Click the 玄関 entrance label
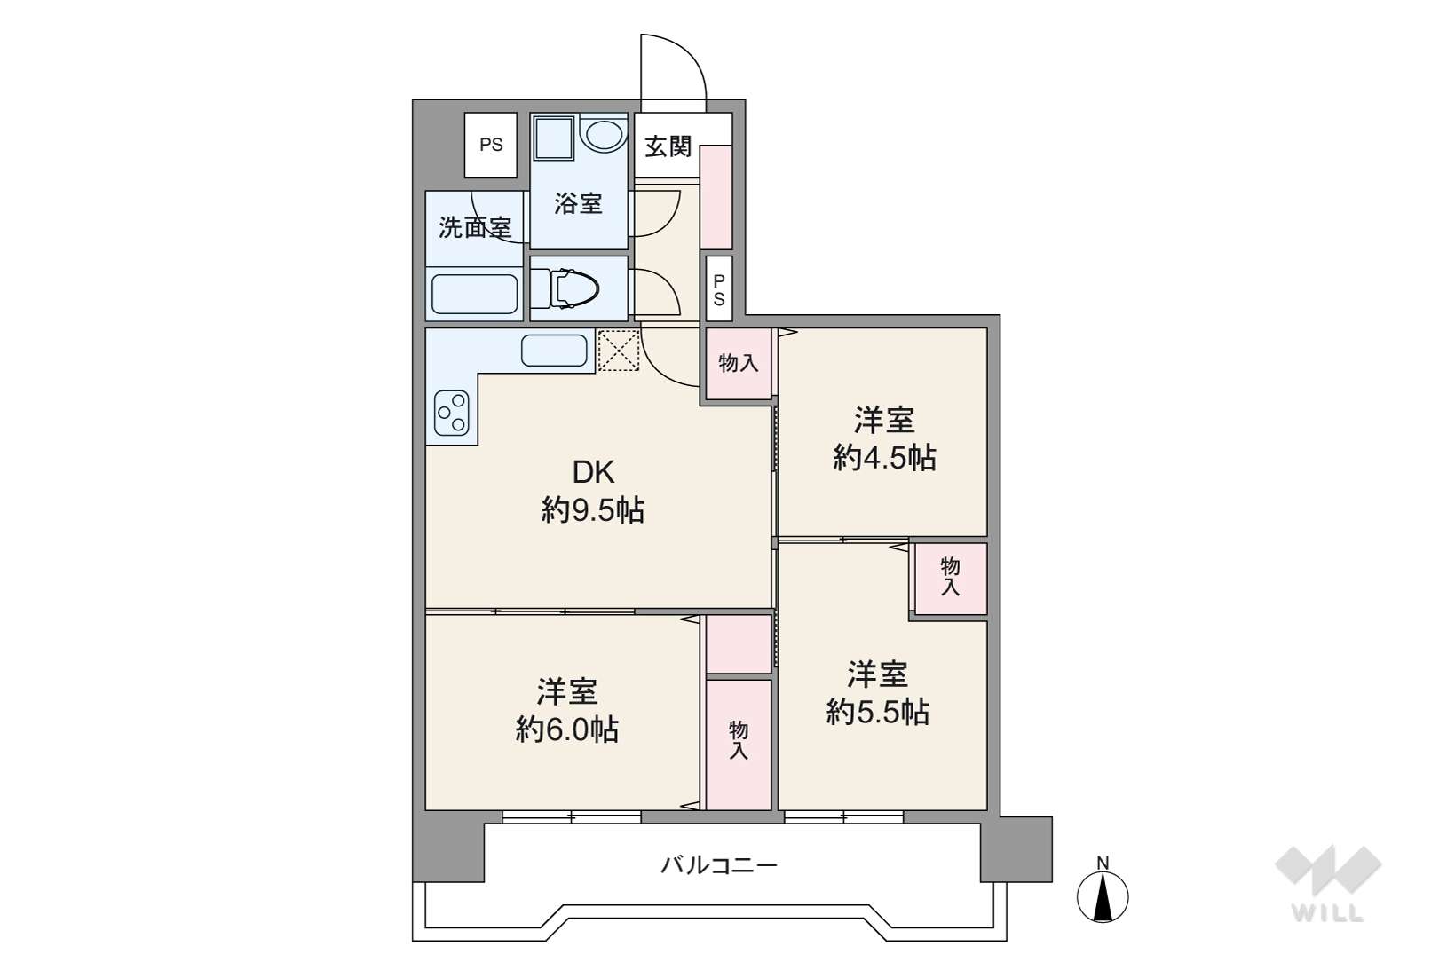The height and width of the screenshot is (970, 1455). tap(668, 146)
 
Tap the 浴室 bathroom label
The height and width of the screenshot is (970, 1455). tap(578, 204)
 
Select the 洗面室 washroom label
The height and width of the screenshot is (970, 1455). tap(475, 227)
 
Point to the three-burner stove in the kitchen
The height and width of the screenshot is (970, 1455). tap(452, 413)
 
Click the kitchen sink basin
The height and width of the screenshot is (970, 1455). tap(554, 351)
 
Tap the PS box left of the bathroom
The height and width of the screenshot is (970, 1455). tap(491, 145)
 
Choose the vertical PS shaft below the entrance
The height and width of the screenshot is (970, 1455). tap(719, 289)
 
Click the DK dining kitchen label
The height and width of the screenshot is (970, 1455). tap(593, 472)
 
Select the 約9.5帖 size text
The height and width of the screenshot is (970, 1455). tap(593, 509)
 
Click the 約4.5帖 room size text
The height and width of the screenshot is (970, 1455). tap(885, 459)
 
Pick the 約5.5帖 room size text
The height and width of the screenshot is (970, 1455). tap(878, 713)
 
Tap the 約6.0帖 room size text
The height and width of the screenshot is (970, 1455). tap(567, 729)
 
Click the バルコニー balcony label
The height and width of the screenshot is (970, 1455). tap(719, 865)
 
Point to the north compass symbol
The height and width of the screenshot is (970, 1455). tap(1103, 891)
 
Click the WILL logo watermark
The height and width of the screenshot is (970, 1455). tap(1328, 883)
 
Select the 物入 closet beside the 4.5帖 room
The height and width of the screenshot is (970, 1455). tap(739, 364)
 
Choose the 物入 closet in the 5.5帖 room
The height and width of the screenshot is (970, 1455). tap(950, 578)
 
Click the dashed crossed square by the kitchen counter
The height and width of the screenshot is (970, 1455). tap(618, 350)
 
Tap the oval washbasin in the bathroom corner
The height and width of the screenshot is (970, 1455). tap(605, 135)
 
